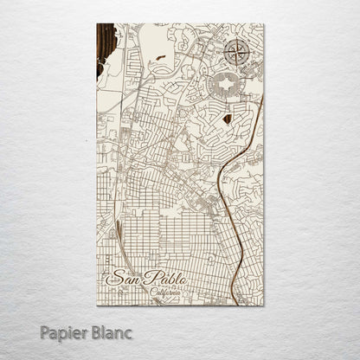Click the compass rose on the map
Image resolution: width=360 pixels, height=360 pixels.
(235, 52)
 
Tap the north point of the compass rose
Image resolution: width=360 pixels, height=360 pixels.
(235, 40)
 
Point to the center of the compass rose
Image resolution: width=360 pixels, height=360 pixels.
(235, 52)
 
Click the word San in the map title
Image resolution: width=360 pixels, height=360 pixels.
(120, 278)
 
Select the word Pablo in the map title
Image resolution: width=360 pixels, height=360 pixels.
(160, 278)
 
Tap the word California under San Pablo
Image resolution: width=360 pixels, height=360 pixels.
(165, 292)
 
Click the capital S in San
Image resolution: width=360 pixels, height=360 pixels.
(112, 278)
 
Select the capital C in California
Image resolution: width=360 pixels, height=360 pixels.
(152, 292)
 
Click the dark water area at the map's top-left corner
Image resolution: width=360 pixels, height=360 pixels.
(105, 48)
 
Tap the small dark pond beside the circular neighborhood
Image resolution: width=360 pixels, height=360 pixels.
(227, 119)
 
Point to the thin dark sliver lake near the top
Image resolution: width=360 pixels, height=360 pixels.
(161, 57)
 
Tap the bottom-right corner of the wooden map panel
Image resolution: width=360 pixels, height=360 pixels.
(263, 305)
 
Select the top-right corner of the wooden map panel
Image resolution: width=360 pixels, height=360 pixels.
(263, 24)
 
